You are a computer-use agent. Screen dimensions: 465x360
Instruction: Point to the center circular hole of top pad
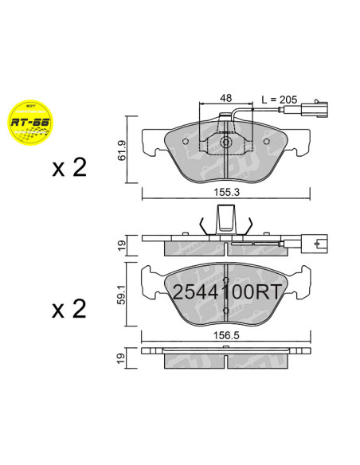point(227,143)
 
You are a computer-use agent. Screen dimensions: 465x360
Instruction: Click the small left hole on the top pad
point(186,143)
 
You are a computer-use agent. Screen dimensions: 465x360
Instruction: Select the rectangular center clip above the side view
point(227,216)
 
